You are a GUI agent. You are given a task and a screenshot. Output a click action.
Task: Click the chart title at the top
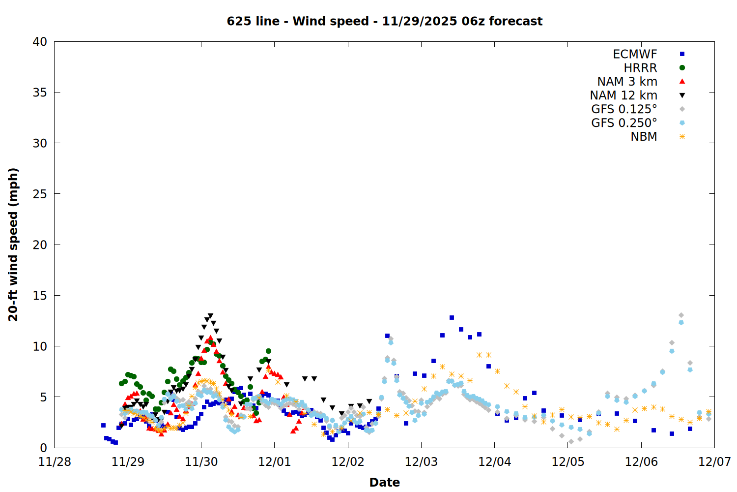coord(384,21)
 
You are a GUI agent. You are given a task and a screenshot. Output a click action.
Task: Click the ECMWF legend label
coord(635,54)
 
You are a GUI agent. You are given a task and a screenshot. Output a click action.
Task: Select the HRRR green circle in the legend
coord(682,68)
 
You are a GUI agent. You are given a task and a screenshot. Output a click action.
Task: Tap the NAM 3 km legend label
coord(627,82)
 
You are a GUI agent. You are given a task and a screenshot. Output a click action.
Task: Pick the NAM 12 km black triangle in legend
coord(682,95)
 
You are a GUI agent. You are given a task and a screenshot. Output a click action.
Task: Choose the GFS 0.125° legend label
coord(624,109)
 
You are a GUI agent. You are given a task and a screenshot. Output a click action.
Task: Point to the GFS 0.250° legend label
coord(624,123)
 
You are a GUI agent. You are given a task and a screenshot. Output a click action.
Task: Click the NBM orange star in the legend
coord(682,137)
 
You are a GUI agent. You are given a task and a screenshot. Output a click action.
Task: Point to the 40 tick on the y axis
coord(40,42)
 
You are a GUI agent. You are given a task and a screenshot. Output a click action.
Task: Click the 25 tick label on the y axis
coord(40,194)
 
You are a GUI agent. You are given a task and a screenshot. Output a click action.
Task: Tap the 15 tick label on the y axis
coord(40,295)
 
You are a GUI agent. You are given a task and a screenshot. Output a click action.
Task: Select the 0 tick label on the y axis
coord(43,448)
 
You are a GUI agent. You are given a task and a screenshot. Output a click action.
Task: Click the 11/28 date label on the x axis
coord(55,462)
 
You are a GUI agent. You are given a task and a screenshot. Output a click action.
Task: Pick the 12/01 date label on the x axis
coord(274,462)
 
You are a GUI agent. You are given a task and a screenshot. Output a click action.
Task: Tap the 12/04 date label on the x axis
coord(494,462)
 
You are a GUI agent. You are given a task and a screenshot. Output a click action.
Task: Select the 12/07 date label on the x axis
coord(714,462)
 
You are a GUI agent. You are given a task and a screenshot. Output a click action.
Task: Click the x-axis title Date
coord(384,482)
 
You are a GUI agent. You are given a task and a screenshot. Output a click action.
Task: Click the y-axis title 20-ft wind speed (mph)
coord(13,245)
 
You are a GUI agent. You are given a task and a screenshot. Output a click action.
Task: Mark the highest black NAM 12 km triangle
coord(210,316)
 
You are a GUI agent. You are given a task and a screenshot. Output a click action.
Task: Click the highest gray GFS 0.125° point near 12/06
coord(681,315)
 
